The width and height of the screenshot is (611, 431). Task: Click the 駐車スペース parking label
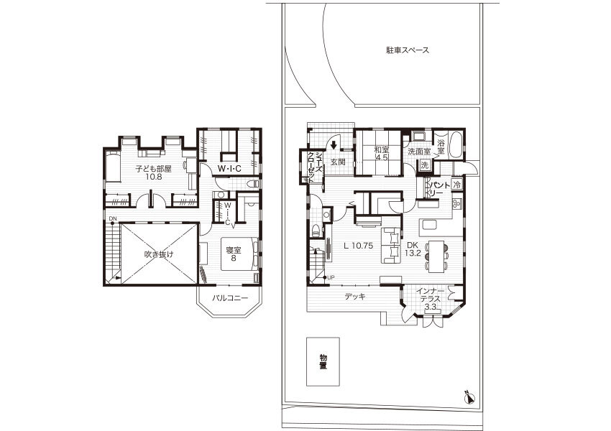[408, 50]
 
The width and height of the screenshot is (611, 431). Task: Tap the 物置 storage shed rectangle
[323, 362]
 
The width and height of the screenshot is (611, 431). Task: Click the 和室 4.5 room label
[382, 154]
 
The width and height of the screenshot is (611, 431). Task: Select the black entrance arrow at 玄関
[334, 145]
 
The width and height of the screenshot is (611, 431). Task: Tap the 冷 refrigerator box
[456, 184]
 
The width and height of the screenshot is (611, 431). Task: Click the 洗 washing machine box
[424, 165]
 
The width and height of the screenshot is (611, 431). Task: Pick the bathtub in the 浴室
[456, 145]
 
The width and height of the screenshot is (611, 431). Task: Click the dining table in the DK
[436, 256]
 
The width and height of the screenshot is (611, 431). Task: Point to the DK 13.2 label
[413, 249]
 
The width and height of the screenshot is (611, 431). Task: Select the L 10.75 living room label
[359, 246]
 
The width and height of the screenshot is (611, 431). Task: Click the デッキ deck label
[355, 297]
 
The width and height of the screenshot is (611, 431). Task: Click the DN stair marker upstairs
[113, 218]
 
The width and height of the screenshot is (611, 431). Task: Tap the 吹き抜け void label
[159, 254]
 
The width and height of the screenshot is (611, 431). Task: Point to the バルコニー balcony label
[230, 299]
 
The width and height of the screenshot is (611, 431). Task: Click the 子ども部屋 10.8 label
[154, 172]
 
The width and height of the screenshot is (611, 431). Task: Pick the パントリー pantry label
[439, 189]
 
